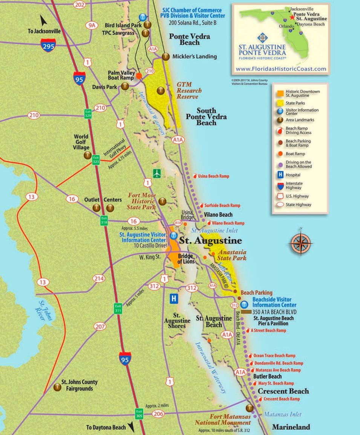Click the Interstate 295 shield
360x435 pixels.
[x=48, y=45]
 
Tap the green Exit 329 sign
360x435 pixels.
[x=88, y=114]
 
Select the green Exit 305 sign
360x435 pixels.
[x=139, y=414]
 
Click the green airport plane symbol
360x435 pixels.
[x=157, y=173]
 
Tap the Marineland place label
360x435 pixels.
[x=291, y=427]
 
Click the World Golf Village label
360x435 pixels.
[x=81, y=142]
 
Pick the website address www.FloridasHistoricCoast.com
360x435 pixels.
[x=280, y=69]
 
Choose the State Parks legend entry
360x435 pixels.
[x=295, y=103]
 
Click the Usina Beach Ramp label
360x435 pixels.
[x=213, y=176]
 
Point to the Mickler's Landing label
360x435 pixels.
[x=195, y=57]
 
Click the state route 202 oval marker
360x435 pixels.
[x=80, y=5]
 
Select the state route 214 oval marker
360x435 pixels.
[x=99, y=279]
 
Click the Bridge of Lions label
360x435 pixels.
[x=185, y=259]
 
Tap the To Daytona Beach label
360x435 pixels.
[x=106, y=427]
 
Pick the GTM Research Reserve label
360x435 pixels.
[x=190, y=91]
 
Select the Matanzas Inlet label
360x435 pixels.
[x=283, y=414]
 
